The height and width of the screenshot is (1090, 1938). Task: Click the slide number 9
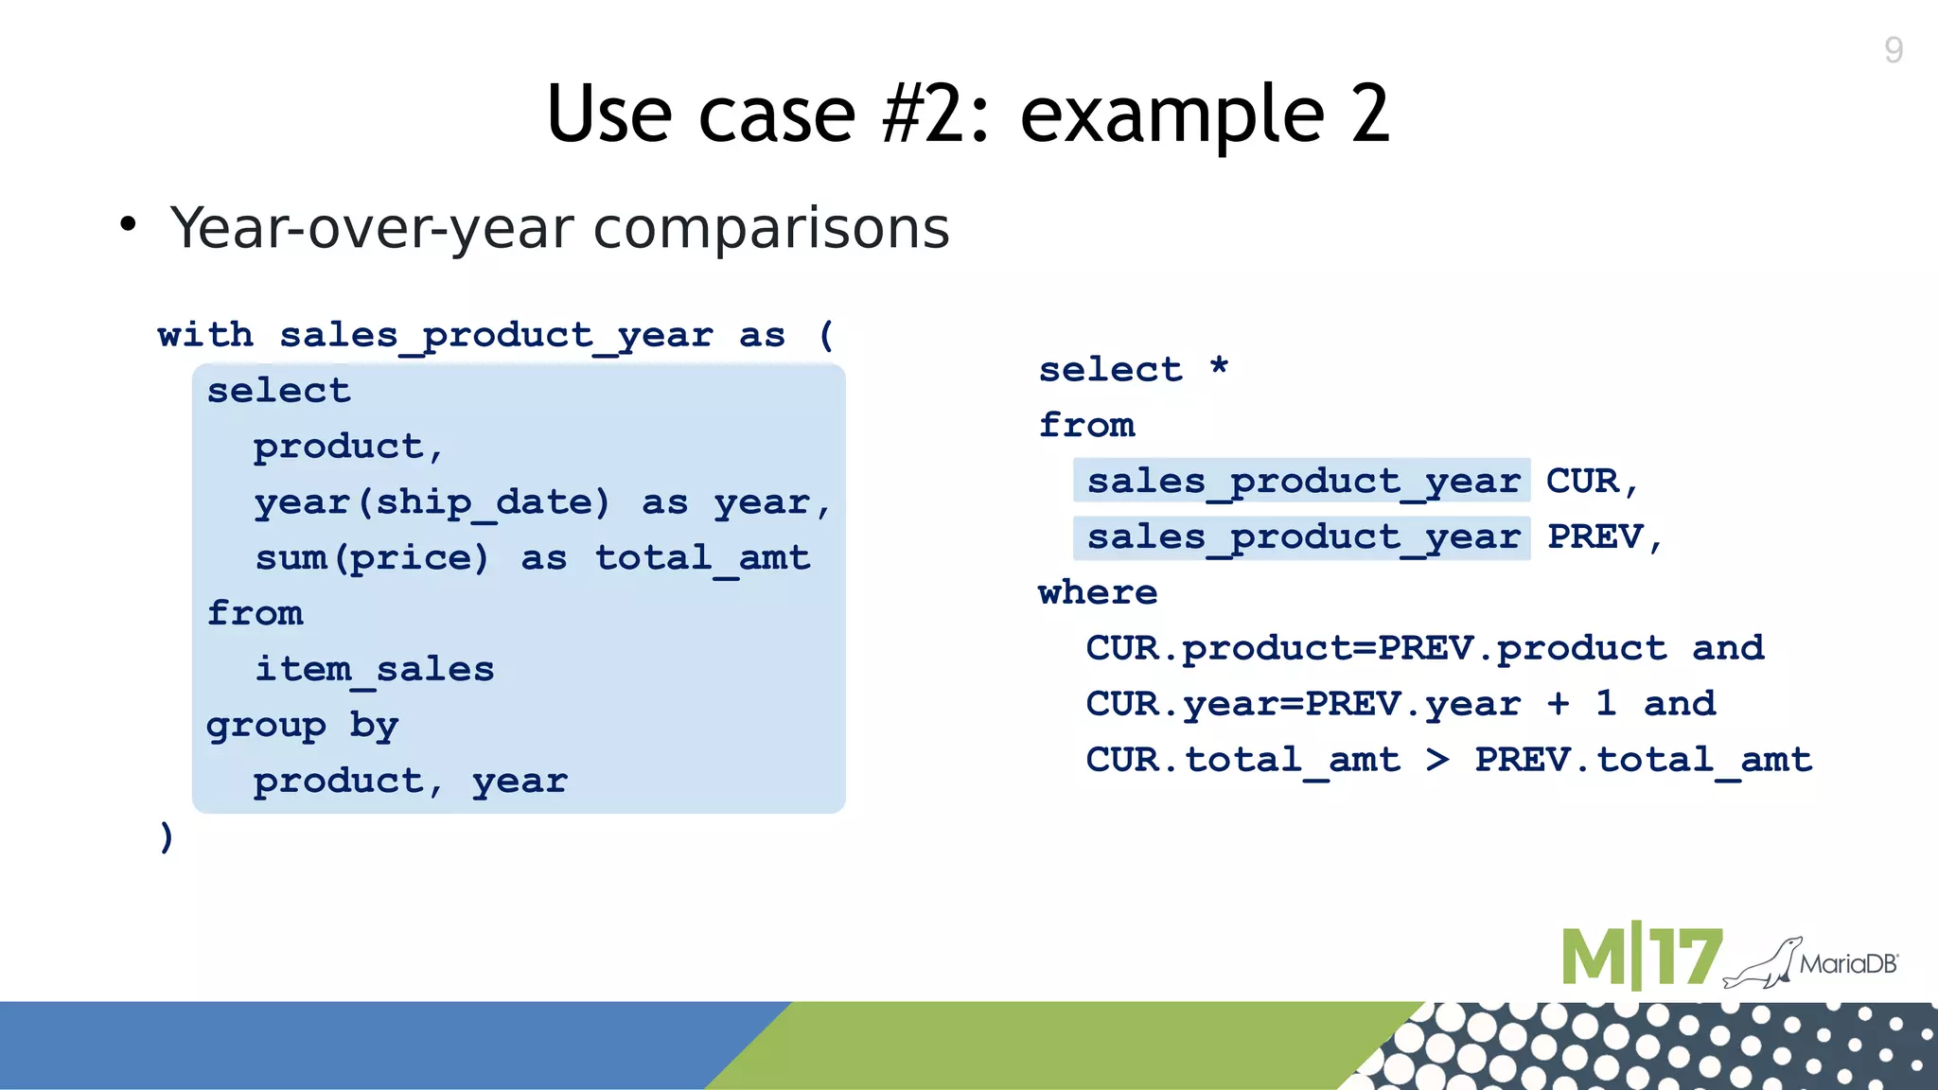pos(1893,49)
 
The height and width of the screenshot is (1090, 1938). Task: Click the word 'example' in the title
pos(1172,115)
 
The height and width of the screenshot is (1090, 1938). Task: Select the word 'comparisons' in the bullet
pos(771,228)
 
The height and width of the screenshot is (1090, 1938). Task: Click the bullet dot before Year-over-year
pos(128,225)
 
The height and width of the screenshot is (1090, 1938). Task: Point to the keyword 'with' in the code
pos(205,335)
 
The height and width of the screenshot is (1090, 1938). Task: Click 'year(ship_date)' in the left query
pos(432,502)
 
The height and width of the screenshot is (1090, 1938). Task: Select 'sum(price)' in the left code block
pos(372,558)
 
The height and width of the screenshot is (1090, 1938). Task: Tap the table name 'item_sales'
pos(375,670)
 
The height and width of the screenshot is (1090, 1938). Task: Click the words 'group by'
pos(302,726)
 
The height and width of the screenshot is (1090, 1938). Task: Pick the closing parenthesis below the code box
pos(167,836)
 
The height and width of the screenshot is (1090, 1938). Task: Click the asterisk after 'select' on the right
pos(1219,366)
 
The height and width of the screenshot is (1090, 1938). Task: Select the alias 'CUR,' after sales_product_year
pos(1592,482)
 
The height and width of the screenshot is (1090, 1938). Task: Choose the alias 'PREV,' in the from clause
pos(1605,537)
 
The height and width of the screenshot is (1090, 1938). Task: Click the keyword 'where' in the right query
pos(1098,593)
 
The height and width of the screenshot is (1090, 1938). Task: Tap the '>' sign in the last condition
pos(1437,759)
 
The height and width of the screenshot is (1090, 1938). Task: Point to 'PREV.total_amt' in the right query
pos(1643,760)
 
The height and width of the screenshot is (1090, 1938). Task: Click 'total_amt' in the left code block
pos(702,558)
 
